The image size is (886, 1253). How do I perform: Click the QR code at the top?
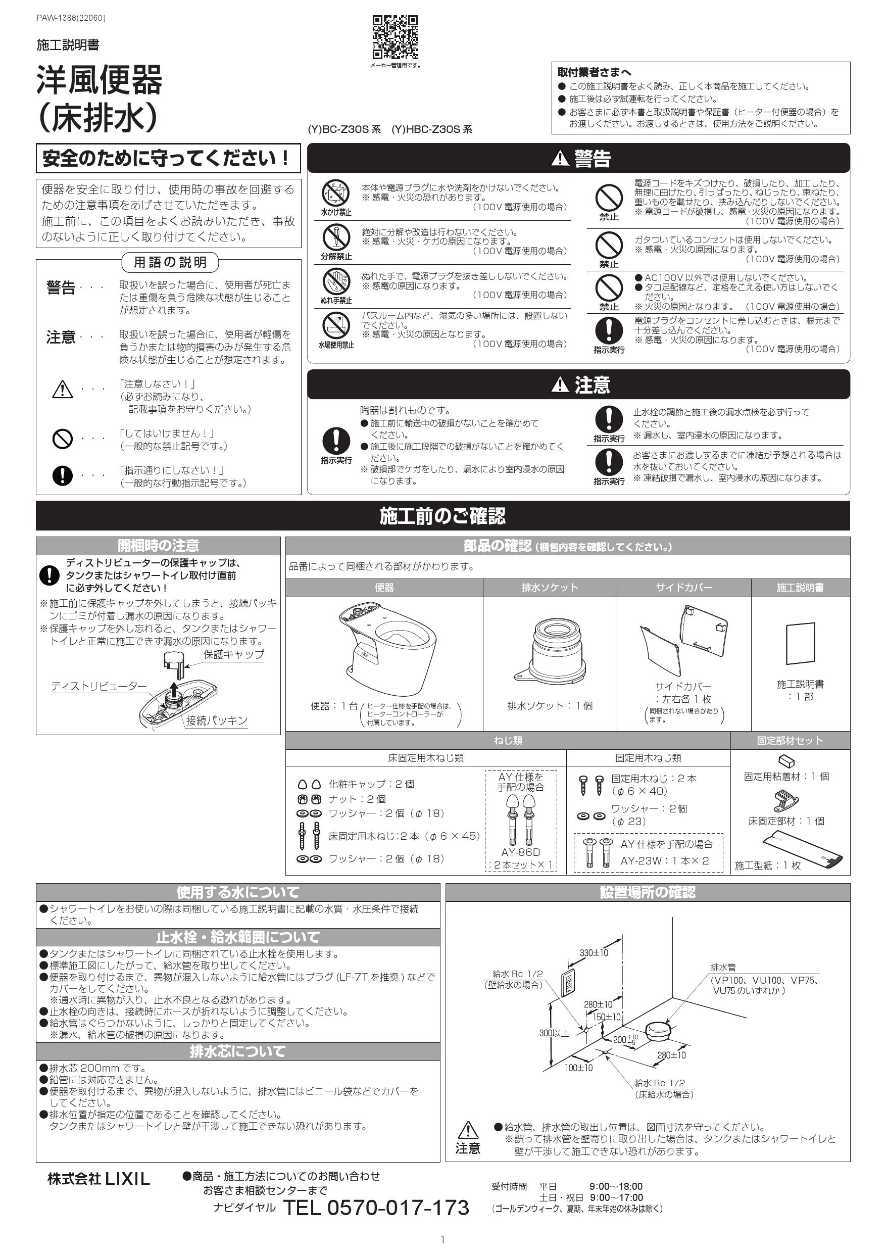point(395,37)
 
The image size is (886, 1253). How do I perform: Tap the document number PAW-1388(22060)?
point(71,18)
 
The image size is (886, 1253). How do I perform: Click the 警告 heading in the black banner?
point(580,158)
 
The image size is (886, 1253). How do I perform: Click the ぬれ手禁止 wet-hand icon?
point(335,281)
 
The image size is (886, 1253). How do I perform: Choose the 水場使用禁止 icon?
point(335,326)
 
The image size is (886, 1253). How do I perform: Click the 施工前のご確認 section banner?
point(442,516)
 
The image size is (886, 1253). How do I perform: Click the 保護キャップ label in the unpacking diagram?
point(233,654)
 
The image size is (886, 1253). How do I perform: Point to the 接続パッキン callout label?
point(217,721)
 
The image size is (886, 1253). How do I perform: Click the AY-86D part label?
point(520,852)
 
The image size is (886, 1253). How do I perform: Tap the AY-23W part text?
point(642,860)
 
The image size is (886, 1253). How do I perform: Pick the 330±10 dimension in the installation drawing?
point(594,953)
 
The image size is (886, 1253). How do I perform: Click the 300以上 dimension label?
point(554,1033)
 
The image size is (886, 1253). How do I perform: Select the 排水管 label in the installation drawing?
point(723,967)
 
